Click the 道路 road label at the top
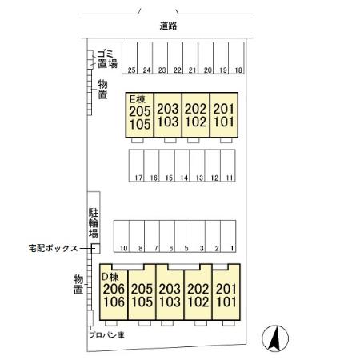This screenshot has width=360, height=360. click(x=168, y=26)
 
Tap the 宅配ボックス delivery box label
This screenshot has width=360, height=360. click(x=52, y=248)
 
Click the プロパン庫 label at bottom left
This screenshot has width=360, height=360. click(x=106, y=336)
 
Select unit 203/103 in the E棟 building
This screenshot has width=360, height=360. click(x=167, y=116)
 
